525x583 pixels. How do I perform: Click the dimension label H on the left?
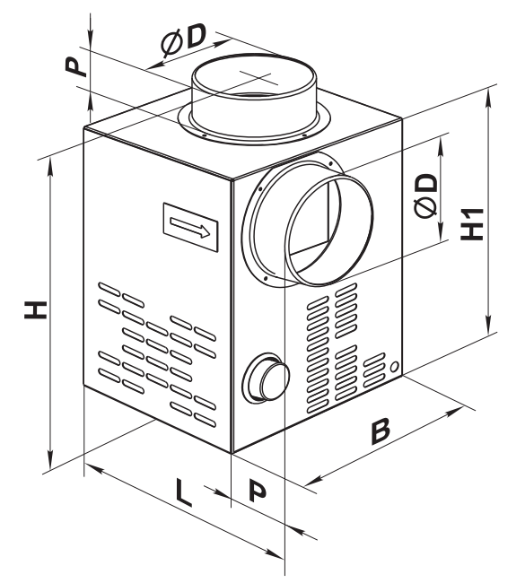[x=36, y=310]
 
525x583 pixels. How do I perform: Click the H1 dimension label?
[x=472, y=224]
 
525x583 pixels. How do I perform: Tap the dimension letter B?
[x=381, y=431]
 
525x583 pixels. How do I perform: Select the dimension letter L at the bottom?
[x=183, y=492]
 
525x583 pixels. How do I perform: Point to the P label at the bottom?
[x=257, y=491]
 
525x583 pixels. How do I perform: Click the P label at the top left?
[x=76, y=66]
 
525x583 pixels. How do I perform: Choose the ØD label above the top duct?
[x=183, y=40]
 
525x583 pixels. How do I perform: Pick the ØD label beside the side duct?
[x=425, y=195]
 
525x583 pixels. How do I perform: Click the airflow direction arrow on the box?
[x=190, y=227]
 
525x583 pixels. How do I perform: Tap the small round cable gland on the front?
[x=266, y=377]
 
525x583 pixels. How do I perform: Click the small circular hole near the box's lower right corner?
[x=395, y=366]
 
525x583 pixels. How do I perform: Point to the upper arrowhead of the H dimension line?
[x=50, y=168]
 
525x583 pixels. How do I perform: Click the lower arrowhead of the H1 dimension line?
[x=487, y=325]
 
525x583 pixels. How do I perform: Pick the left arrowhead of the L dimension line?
[x=93, y=469]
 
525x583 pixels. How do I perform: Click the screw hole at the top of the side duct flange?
[x=330, y=163]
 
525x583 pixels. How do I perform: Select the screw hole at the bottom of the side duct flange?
[x=266, y=277]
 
